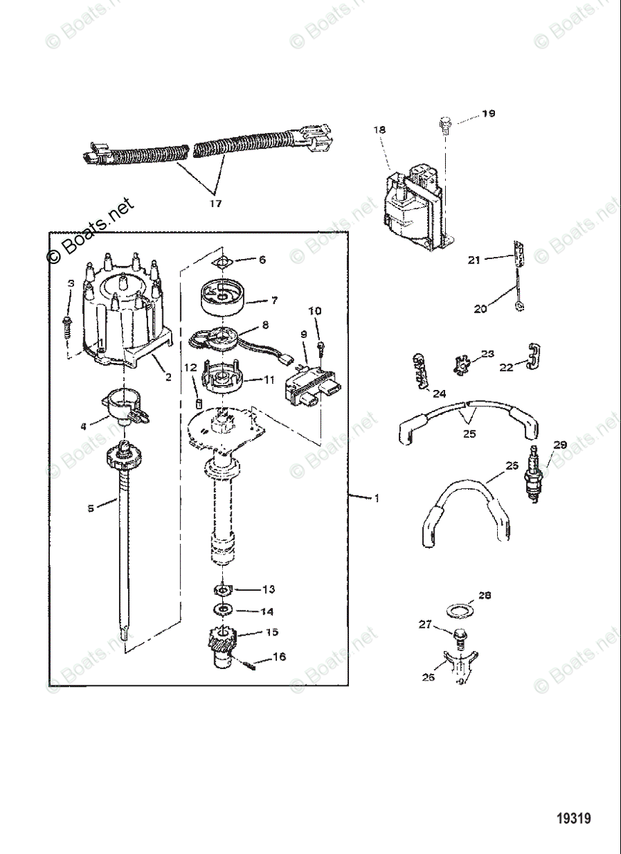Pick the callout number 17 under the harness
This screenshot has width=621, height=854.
click(215, 204)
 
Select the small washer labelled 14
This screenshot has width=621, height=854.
click(224, 611)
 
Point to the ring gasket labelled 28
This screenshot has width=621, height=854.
click(459, 611)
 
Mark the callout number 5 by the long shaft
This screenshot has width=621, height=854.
click(90, 508)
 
